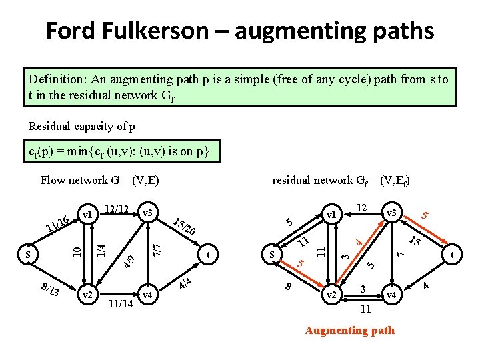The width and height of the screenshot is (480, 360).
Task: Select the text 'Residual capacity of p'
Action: tap(81, 127)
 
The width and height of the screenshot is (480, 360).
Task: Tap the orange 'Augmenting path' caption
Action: tap(349, 331)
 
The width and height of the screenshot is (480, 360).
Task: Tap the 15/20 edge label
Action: tap(184, 227)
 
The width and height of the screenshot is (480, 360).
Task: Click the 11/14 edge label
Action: tap(120, 304)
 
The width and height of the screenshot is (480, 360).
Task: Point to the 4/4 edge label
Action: tap(185, 284)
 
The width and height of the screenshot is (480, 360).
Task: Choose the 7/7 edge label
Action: tap(155, 251)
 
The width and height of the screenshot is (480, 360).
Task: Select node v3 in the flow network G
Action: tap(148, 213)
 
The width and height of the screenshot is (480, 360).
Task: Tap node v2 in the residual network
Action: tap(331, 295)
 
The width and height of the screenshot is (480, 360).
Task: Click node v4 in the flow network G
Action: tap(147, 294)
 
